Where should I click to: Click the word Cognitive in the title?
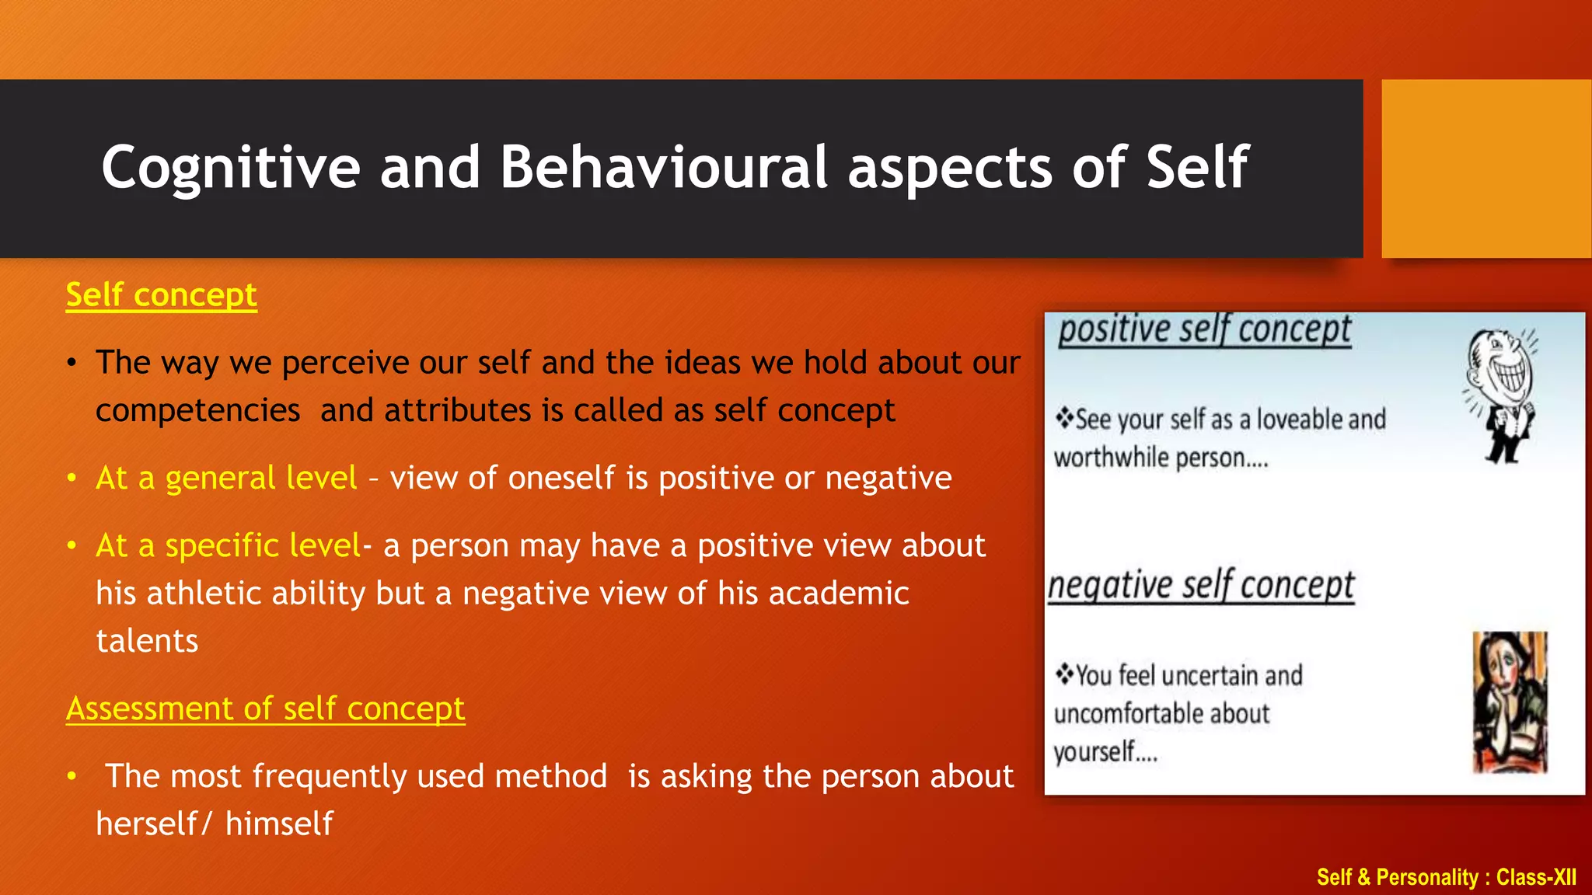coord(230,168)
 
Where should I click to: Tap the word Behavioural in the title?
coord(663,168)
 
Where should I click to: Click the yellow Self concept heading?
coord(161,295)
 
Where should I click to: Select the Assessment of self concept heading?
coord(265,709)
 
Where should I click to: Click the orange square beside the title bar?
coord(1486,168)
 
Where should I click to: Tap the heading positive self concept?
coord(1204,330)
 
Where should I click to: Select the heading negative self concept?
coord(1201,586)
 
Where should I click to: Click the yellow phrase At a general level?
coord(225,478)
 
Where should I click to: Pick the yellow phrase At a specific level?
coord(227,545)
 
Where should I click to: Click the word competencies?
coord(197,410)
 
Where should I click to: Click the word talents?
coord(147,641)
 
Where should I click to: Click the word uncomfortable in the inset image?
coord(1161,713)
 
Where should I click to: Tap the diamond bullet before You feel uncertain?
coord(1063,674)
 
